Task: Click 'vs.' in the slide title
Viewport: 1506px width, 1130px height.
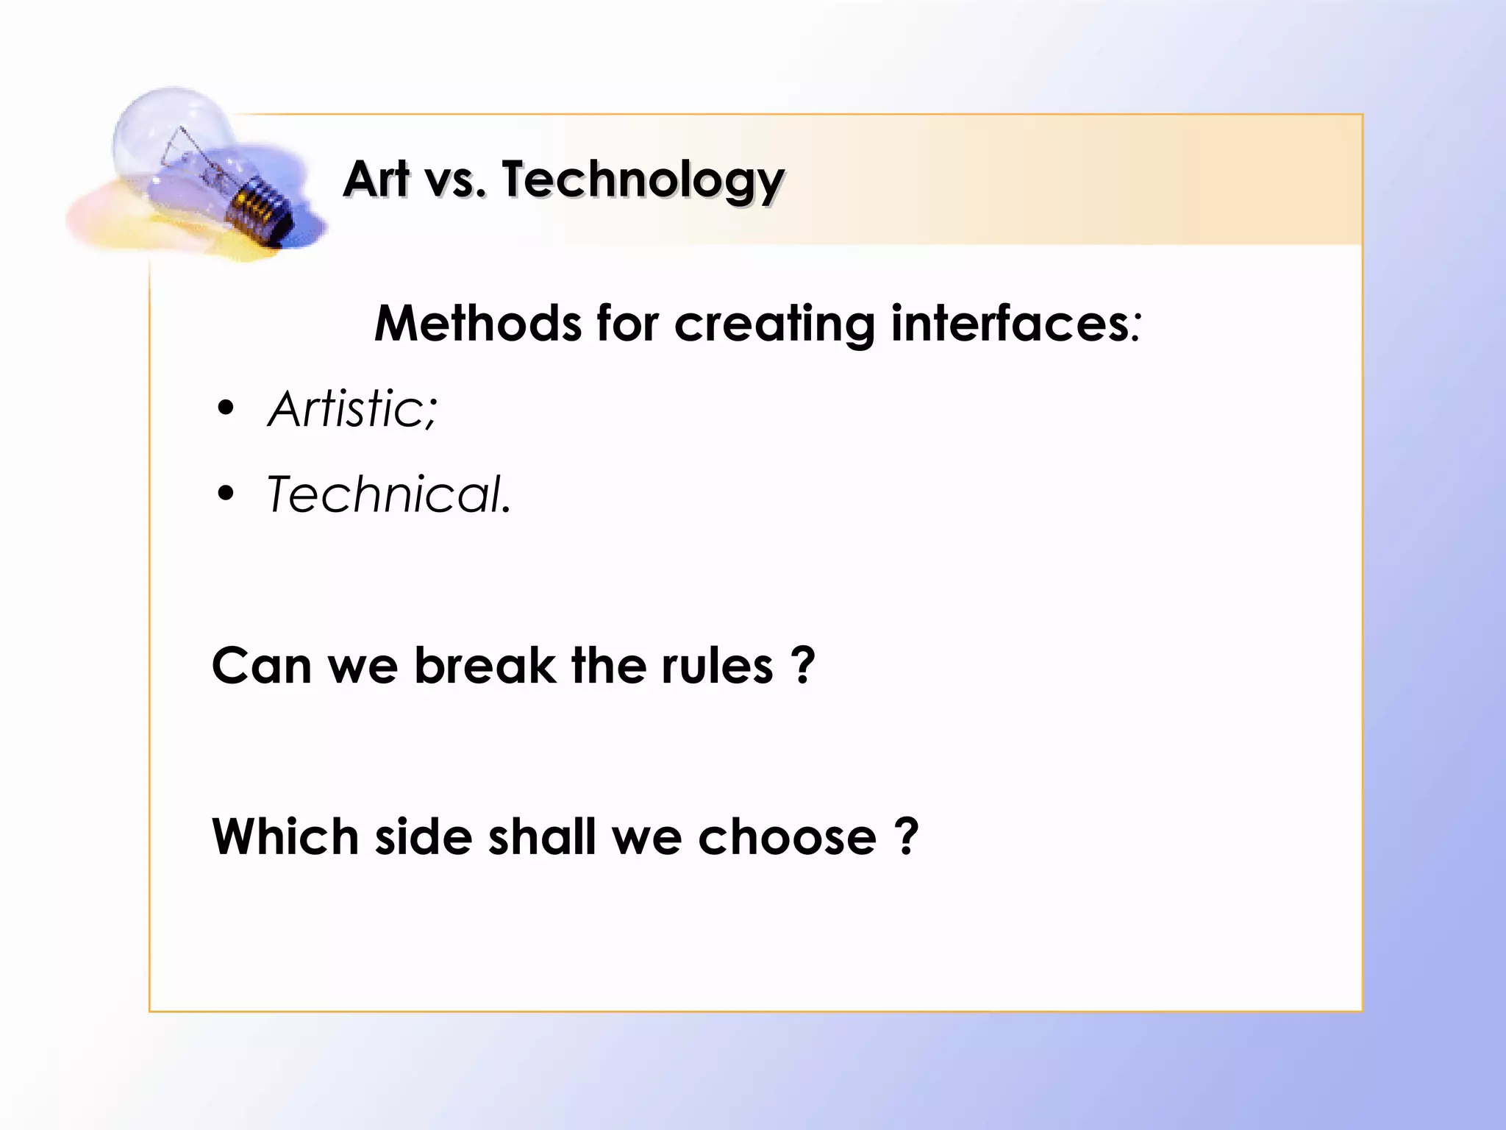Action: (456, 180)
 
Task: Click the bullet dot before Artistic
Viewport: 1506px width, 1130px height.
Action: (226, 408)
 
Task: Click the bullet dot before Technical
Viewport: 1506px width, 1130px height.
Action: (226, 494)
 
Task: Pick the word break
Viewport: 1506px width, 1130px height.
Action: (485, 666)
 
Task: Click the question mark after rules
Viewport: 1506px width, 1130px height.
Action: (804, 666)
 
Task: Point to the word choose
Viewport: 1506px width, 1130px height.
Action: (787, 837)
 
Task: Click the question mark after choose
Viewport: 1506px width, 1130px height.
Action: (907, 837)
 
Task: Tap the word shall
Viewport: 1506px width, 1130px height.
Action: (542, 837)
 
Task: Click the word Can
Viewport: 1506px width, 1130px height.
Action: (262, 666)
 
